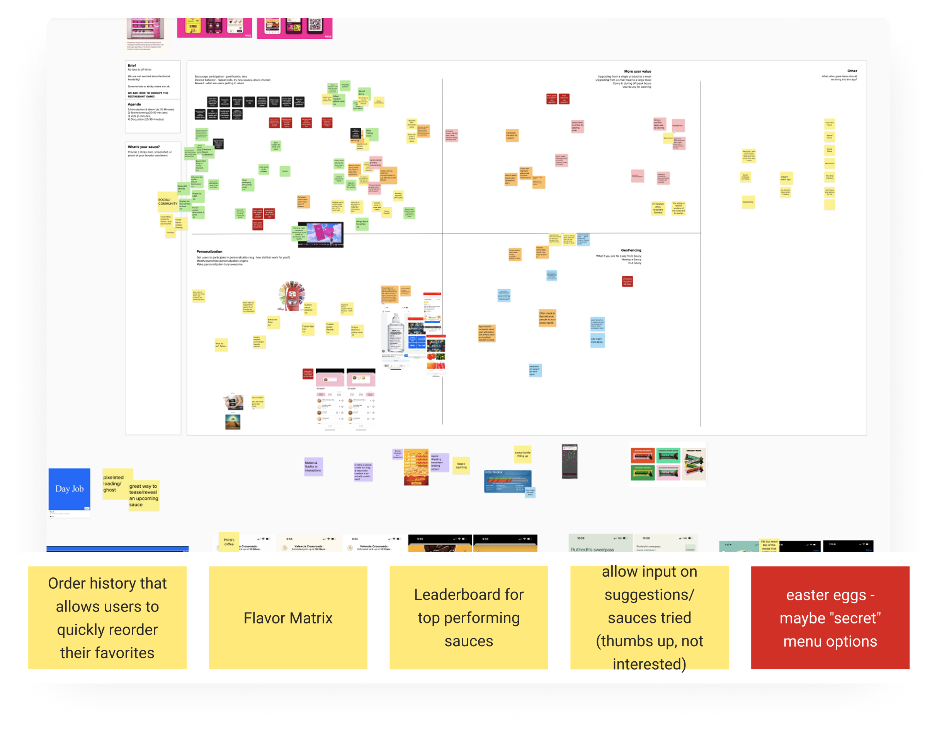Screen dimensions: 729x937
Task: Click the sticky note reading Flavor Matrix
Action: tap(288, 617)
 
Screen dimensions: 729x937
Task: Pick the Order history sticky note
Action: tap(107, 617)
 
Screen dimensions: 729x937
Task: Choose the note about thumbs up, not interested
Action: tap(649, 617)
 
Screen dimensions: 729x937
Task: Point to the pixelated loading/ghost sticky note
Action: tap(114, 483)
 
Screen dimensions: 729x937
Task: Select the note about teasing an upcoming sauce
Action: tap(144, 495)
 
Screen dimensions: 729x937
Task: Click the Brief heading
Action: tap(132, 66)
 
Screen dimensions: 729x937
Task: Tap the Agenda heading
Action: tap(134, 104)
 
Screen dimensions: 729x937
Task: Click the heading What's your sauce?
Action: tap(144, 147)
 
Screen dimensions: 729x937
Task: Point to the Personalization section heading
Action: tap(209, 252)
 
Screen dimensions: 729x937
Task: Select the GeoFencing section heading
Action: tap(631, 250)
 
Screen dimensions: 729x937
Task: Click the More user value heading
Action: tap(637, 71)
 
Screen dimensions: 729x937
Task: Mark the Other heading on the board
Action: tap(852, 71)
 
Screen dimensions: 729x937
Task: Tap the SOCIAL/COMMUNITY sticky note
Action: tap(167, 202)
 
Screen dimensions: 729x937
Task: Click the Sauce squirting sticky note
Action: tap(461, 465)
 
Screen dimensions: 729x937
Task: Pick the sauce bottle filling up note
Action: tap(522, 454)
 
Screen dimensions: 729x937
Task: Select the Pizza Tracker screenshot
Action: tap(508, 481)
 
